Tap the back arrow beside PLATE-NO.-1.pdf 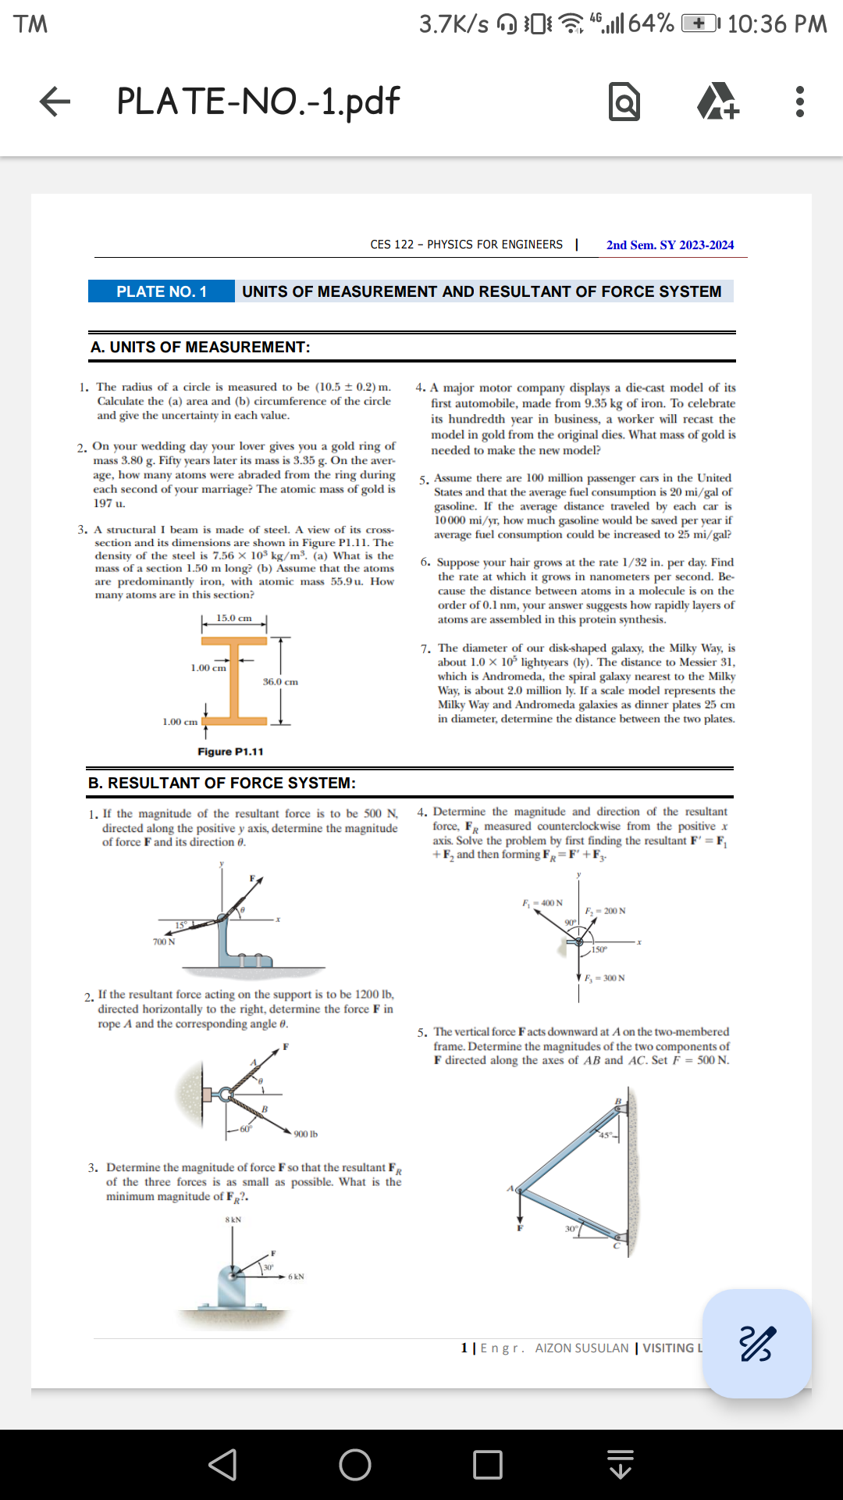(55, 102)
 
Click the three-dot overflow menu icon (799, 102)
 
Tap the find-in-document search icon (624, 102)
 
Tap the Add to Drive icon (717, 102)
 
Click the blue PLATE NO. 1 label (162, 291)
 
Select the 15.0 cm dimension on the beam (234, 618)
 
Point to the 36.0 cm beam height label (280, 682)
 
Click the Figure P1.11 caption (230, 752)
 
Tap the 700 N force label (164, 942)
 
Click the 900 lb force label (305, 1134)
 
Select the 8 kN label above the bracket (233, 1220)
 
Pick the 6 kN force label (296, 1277)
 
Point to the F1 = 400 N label (542, 903)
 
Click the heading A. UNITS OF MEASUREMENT (201, 347)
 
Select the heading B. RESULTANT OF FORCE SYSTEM (222, 783)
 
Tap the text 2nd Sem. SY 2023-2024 (670, 245)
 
